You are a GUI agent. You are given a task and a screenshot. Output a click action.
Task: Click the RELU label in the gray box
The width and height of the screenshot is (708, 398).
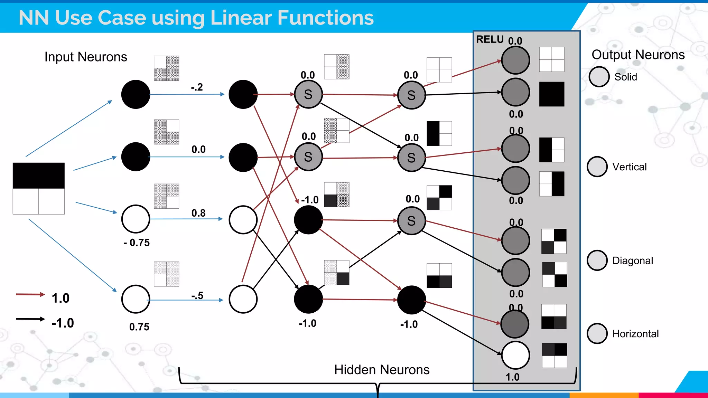[489, 39]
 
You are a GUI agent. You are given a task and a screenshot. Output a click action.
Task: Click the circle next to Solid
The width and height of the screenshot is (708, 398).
[599, 77]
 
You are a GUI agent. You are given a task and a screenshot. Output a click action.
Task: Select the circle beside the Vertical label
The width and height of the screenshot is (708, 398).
[597, 167]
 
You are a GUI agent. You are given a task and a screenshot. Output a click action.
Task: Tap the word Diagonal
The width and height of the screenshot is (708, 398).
[632, 260]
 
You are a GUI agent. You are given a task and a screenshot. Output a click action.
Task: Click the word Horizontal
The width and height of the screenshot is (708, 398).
[635, 334]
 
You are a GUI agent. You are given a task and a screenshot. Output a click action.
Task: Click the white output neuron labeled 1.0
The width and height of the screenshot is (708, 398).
[515, 355]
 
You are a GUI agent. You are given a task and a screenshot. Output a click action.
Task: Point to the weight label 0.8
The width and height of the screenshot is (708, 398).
[198, 213]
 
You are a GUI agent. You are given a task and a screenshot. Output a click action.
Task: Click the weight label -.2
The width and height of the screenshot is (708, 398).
[197, 87]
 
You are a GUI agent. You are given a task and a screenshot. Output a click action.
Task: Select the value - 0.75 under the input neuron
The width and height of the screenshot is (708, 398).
[137, 243]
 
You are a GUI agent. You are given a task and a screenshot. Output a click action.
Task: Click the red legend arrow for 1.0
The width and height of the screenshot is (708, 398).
[30, 294]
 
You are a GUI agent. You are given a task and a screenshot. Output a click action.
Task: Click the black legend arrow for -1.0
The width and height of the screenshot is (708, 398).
[30, 319]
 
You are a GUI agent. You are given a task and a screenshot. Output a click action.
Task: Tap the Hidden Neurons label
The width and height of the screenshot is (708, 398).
[382, 370]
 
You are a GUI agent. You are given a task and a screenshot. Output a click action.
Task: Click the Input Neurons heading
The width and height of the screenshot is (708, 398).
[86, 57]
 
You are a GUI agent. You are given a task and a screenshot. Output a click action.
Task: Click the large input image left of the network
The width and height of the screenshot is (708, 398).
[39, 188]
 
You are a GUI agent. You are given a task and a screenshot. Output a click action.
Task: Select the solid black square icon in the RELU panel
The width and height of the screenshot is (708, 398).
[551, 94]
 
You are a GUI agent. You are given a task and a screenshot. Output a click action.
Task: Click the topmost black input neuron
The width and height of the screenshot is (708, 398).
[136, 94]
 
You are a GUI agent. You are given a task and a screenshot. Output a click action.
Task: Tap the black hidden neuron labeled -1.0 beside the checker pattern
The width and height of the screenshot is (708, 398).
[308, 220]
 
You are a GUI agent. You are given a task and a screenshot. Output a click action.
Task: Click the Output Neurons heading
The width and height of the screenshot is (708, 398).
[638, 55]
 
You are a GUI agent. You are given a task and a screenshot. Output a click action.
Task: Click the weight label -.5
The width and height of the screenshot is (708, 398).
[197, 296]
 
